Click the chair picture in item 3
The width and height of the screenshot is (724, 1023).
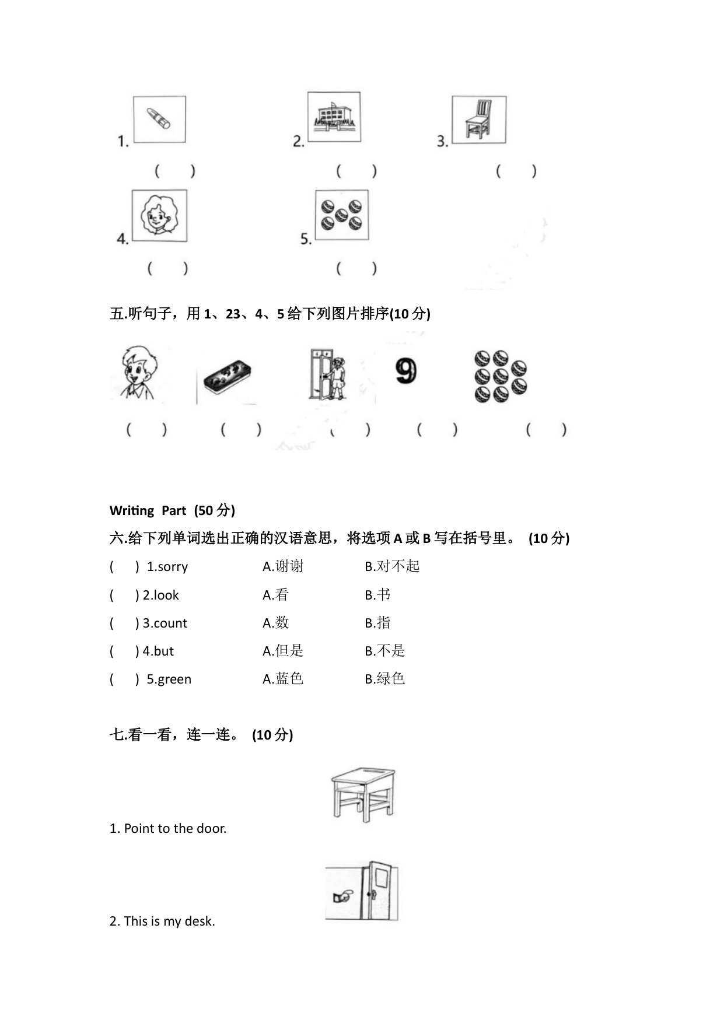coord(478,120)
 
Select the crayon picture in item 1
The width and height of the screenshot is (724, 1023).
coord(159,118)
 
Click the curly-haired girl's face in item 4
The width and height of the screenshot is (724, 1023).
coord(159,215)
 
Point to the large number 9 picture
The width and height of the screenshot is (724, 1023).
coord(405,371)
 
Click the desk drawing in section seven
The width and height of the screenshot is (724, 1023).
coord(363,794)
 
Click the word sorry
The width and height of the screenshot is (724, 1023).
coord(172,567)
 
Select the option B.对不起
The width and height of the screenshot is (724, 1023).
coord(392,566)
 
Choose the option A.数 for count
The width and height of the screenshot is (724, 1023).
coord(276,623)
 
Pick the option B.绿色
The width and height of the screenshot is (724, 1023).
coord(385,679)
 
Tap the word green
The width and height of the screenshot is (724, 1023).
coord(174,679)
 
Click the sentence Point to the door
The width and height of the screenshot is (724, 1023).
coord(168,828)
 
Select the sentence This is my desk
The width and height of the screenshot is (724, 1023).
coord(162,921)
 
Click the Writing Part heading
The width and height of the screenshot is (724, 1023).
coord(172,510)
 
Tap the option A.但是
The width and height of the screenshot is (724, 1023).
coord(283,651)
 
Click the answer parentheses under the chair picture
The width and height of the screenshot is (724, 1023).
coord(516,171)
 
